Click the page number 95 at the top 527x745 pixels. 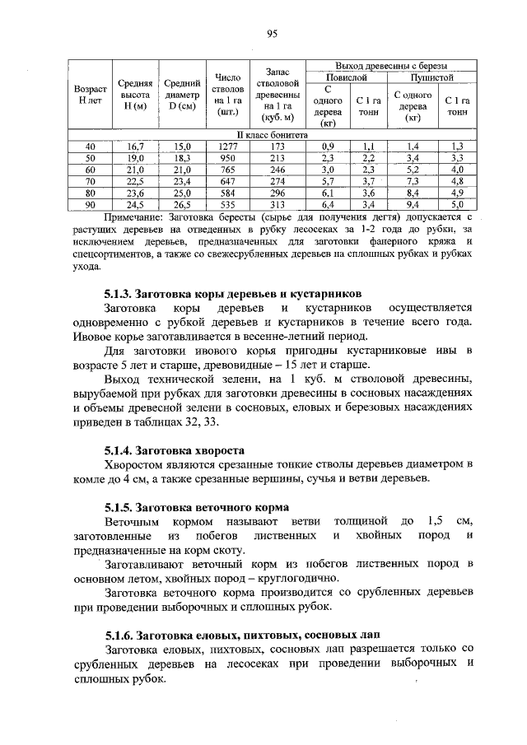273,34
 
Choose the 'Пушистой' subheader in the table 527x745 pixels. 431,76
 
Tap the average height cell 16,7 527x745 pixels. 135,145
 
